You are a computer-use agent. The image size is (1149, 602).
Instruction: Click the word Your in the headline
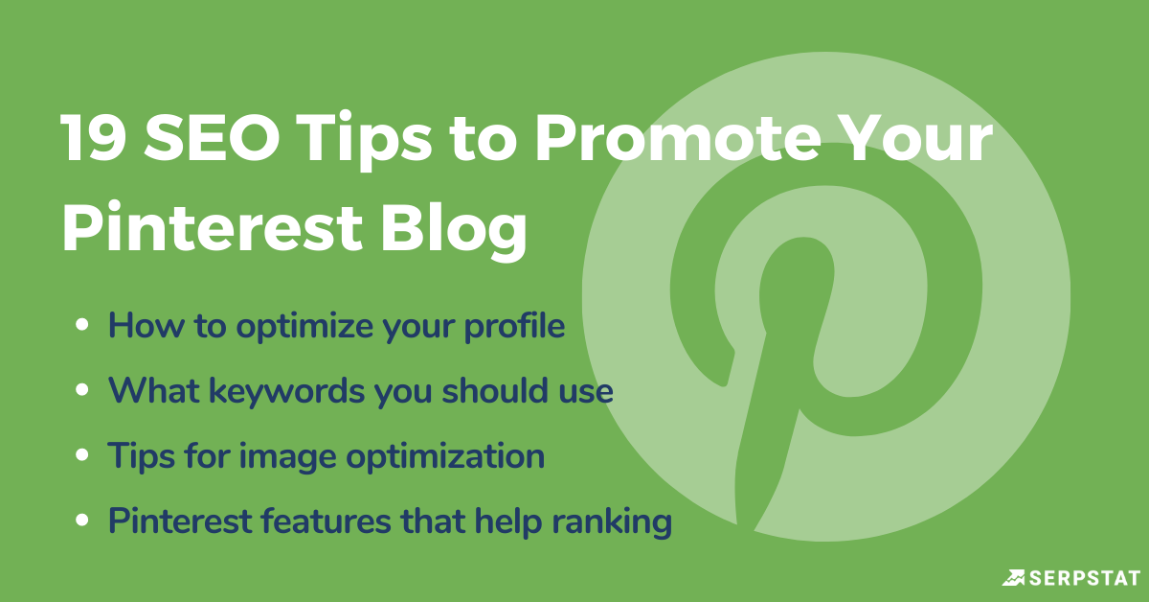(920, 140)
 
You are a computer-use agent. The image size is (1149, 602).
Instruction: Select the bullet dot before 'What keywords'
(83, 392)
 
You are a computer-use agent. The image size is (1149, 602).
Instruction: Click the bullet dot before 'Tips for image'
(83, 456)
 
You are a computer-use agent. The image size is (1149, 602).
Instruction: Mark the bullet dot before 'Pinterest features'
(83, 521)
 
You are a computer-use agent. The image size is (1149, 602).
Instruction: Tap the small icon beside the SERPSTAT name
(1013, 577)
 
